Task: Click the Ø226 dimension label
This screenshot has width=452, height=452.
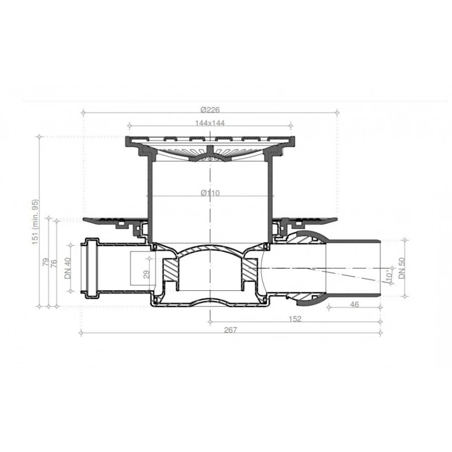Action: coord(210,110)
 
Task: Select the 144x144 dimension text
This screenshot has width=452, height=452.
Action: coord(210,123)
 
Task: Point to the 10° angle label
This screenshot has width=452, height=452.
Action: coord(389,277)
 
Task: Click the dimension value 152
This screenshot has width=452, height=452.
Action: coord(295,319)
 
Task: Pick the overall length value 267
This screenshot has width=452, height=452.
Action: coord(231,330)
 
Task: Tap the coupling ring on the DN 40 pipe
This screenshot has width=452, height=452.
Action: coord(92,268)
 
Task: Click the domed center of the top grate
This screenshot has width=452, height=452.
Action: coord(209,156)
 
